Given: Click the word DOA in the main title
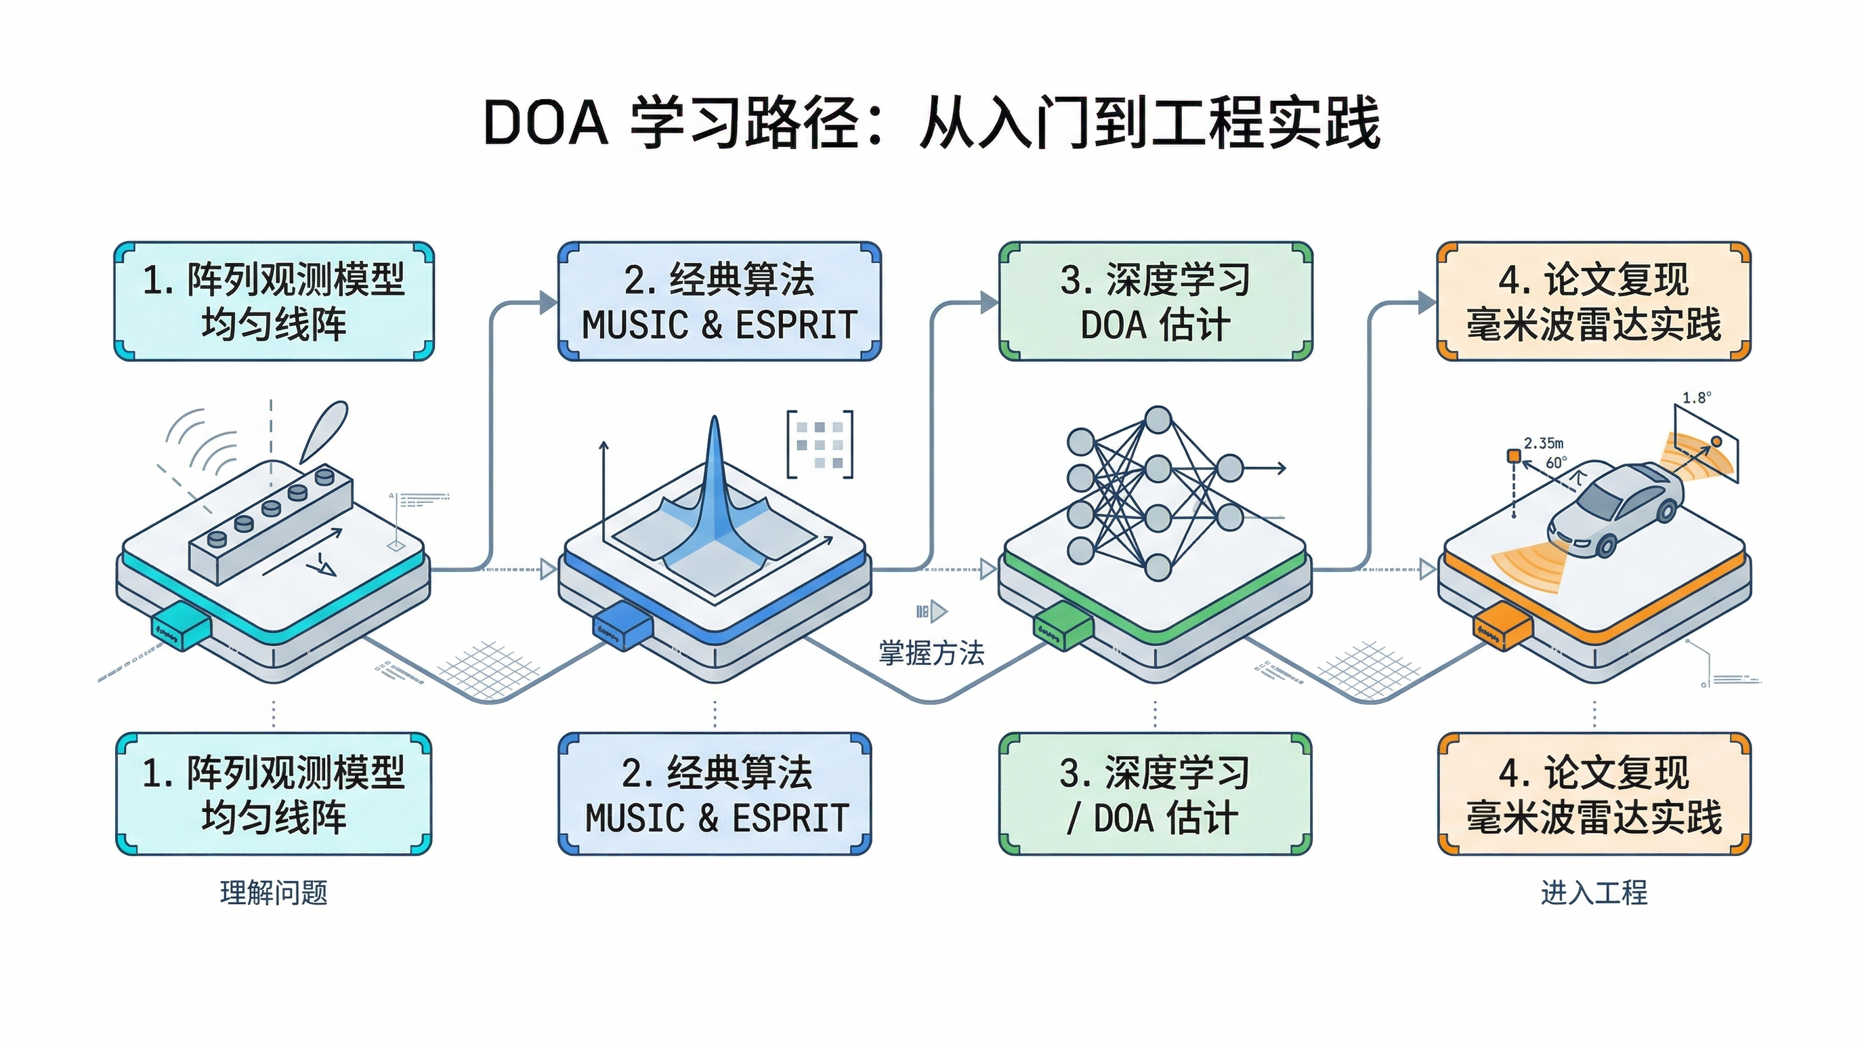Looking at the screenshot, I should [545, 123].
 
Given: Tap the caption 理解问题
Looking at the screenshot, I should [274, 893].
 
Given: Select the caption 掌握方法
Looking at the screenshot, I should [931, 653].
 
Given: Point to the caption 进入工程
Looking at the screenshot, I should [1594, 893].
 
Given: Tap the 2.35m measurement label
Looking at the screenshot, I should [1544, 443].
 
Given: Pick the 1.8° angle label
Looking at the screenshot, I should [1696, 398].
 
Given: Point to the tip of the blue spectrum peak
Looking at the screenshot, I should [714, 420].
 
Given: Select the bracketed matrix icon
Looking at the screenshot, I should [820, 444].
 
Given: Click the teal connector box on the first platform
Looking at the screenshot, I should [181, 627].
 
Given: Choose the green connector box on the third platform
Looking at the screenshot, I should [1063, 627].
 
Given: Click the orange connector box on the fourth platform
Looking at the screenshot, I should [1503, 627].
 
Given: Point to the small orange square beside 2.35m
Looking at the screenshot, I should [1513, 455].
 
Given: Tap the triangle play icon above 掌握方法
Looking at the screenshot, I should [939, 612].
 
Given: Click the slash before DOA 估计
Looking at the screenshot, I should [1073, 819].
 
